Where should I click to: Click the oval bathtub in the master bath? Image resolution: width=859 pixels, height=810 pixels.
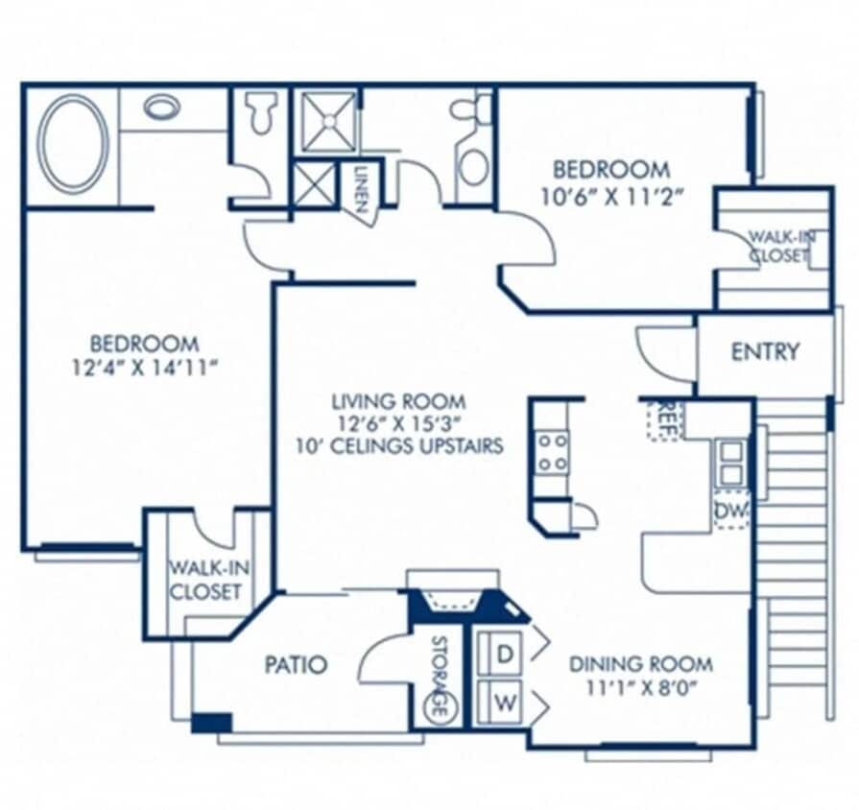(73, 145)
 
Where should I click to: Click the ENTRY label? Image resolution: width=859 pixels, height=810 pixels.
(765, 351)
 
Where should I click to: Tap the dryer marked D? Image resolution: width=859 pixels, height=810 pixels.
(504, 653)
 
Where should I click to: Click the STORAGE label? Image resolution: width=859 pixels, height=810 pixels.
(439, 677)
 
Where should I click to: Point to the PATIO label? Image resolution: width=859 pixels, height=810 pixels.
(295, 664)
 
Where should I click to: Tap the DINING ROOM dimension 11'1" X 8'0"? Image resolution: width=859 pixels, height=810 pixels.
(640, 688)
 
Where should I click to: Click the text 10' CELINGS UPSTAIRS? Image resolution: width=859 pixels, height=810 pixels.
(399, 445)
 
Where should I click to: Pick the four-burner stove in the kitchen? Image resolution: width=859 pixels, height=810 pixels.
(552, 452)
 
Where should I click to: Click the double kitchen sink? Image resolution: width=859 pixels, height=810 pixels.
(731, 462)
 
